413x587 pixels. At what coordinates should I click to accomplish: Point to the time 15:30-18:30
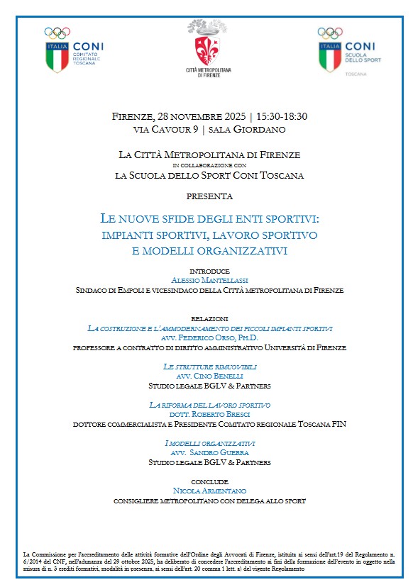point(282,117)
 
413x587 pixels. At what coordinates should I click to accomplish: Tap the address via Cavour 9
point(166,130)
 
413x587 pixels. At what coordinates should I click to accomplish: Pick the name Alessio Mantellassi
point(209,281)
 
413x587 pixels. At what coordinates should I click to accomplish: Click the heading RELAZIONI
point(209,319)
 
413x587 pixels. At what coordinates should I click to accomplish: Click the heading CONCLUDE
point(209,481)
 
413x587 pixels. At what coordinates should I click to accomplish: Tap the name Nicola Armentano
point(209,491)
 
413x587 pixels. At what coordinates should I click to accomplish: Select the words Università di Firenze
point(306,347)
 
